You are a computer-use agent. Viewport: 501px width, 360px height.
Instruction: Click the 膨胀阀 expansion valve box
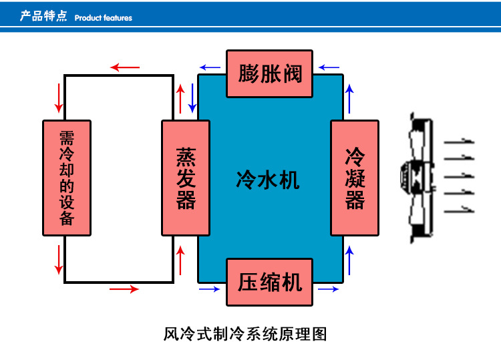click(x=269, y=73)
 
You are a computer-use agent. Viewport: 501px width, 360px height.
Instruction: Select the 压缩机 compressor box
click(x=269, y=281)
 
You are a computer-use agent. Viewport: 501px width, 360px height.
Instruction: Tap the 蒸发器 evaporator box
click(x=186, y=178)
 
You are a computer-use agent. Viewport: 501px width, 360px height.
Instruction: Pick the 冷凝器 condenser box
click(x=355, y=178)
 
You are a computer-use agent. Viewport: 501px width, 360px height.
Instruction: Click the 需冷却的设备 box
click(x=67, y=178)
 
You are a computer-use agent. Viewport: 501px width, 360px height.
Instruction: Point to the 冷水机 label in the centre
click(x=268, y=179)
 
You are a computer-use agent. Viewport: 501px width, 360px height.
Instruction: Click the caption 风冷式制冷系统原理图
click(x=245, y=333)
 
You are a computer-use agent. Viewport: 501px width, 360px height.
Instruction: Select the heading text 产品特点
click(x=43, y=16)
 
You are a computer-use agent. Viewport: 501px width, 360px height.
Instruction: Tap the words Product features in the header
click(x=104, y=18)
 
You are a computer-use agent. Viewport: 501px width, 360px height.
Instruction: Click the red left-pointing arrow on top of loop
click(x=125, y=67)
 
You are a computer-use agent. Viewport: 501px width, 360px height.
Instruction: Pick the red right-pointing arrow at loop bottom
click(x=124, y=289)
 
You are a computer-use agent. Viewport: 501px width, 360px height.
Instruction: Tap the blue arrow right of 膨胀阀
click(x=329, y=67)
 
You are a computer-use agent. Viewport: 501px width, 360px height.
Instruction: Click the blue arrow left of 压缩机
click(x=209, y=289)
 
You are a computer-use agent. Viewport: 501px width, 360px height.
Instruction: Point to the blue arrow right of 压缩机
click(x=328, y=289)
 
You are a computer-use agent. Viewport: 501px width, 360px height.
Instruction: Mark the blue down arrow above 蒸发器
click(x=192, y=99)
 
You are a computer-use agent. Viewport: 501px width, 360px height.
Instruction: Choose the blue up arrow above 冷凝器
click(x=349, y=98)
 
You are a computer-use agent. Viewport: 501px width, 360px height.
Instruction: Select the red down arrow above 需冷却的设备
click(x=59, y=99)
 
